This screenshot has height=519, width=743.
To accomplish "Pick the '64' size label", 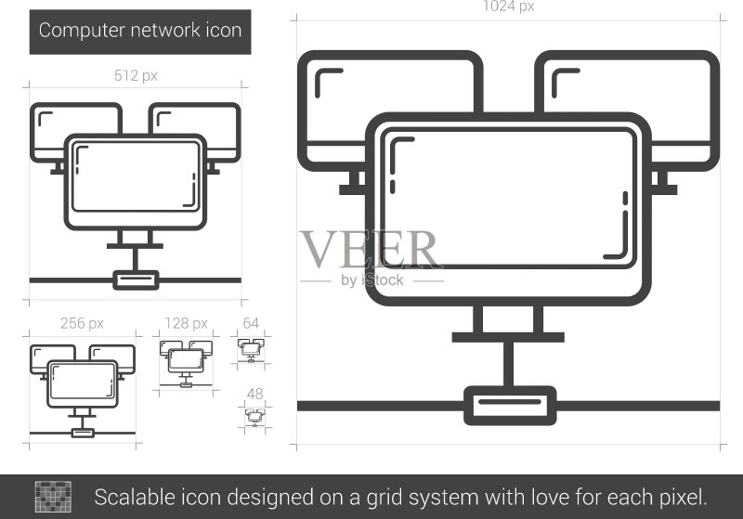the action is pos(251,323).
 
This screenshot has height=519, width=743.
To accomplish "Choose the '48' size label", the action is pos(254,394).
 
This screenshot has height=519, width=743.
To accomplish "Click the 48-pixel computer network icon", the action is pos(254,417).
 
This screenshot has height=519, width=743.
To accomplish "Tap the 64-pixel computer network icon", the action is pos(251,350).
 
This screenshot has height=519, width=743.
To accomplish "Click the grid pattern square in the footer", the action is pos(53,497).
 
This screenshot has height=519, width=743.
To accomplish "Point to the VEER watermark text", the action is pos(370,250).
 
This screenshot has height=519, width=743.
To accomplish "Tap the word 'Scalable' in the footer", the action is pos(127,498).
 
